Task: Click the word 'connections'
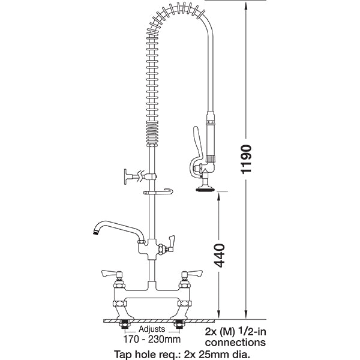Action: coord(235,343)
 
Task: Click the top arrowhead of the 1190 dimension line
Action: coord(247,5)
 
